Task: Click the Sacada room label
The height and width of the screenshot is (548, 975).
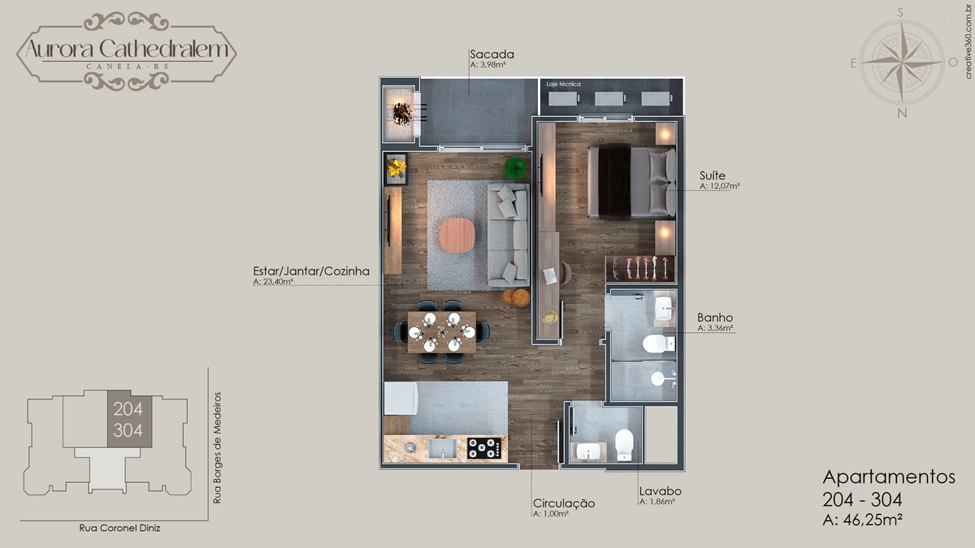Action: point(492,54)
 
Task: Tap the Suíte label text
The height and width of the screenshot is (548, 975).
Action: point(713,175)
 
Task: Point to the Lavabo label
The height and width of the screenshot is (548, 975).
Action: point(661,491)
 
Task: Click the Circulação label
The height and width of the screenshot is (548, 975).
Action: point(564,503)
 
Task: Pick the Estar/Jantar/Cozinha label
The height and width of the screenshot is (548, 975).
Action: point(311,271)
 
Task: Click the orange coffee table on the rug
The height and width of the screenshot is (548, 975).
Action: point(457,235)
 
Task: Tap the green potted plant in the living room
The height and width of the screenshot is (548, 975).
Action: point(516,167)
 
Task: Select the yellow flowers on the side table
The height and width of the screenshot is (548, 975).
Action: point(396,167)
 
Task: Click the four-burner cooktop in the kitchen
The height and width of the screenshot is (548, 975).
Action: point(484,448)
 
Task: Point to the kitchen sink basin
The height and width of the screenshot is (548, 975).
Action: point(443,448)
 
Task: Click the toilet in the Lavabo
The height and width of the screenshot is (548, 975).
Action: point(624,445)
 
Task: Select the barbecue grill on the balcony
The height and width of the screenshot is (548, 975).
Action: point(402,114)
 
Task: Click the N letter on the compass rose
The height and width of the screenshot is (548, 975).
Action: point(902,113)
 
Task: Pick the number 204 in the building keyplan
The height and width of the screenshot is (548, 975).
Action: point(128,409)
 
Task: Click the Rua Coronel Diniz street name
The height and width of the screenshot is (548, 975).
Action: point(119,528)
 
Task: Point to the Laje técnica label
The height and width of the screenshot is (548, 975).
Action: point(563,84)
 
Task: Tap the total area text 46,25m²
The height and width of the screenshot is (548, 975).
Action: point(873,520)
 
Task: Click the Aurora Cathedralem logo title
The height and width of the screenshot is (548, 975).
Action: point(127,49)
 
